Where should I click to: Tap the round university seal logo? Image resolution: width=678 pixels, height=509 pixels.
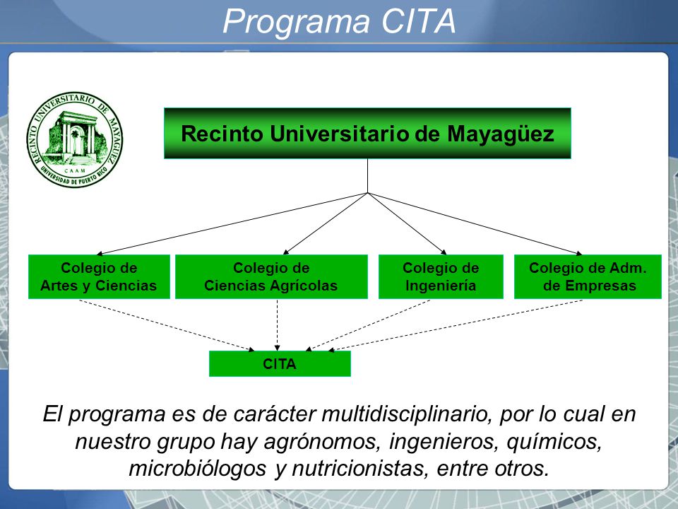(74, 140)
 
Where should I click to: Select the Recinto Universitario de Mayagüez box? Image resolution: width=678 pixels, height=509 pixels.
(367, 134)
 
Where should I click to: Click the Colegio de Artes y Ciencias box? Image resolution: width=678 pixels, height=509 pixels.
(99, 276)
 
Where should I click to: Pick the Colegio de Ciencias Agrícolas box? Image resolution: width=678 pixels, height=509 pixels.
(271, 276)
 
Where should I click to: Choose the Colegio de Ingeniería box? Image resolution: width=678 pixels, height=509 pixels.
(441, 276)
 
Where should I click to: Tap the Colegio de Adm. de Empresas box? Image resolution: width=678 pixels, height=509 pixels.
(588, 276)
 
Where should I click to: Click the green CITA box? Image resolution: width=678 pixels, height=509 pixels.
(280, 363)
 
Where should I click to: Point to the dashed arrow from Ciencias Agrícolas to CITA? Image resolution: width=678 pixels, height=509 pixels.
(277, 325)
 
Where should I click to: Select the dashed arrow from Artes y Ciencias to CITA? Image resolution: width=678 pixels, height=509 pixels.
(167, 325)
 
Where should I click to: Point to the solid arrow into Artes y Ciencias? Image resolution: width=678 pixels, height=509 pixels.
(232, 224)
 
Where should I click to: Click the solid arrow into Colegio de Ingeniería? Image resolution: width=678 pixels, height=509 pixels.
(407, 224)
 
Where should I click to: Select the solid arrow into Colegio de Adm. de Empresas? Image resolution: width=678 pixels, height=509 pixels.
(475, 224)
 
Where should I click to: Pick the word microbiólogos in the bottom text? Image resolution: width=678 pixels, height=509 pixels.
(197, 469)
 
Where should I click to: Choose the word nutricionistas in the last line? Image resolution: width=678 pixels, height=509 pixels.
(360, 469)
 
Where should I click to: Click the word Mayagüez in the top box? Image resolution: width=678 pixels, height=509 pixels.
(500, 134)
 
